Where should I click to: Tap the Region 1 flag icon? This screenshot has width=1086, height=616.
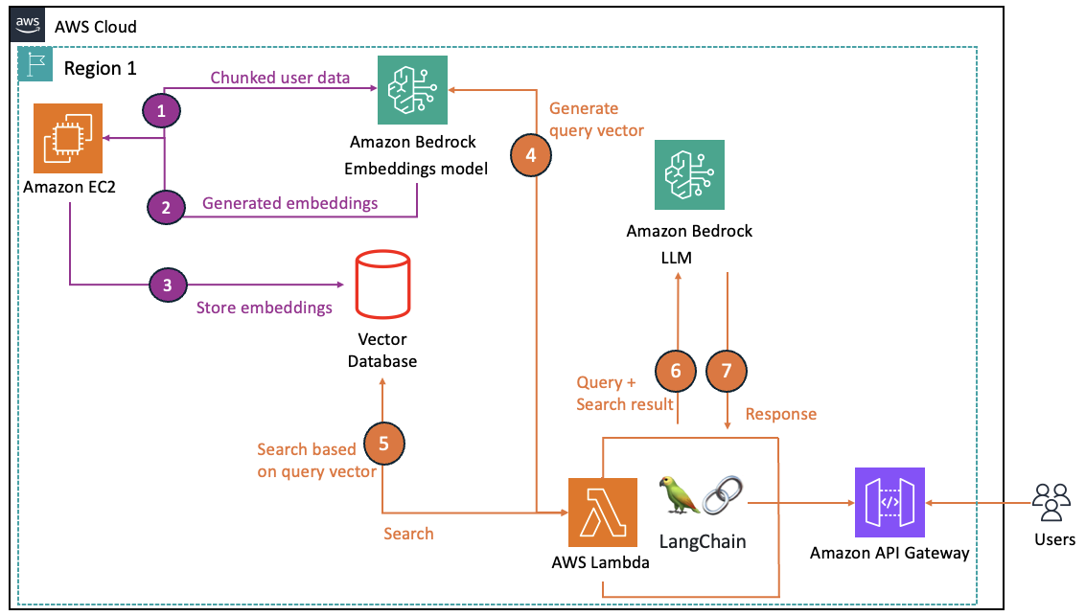[36, 65]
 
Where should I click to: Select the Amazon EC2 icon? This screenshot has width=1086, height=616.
[66, 139]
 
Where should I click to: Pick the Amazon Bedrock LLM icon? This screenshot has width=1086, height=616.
[689, 175]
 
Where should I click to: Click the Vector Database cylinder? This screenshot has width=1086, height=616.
[381, 285]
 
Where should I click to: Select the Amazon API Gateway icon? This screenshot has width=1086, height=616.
[889, 502]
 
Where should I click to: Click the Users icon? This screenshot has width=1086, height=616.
[1051, 501]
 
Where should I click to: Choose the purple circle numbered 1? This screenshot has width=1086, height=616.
[162, 112]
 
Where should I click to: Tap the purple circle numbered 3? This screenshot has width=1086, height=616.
[168, 285]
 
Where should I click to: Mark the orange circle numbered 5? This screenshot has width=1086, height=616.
[384, 443]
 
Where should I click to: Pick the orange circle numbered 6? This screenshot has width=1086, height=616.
[676, 371]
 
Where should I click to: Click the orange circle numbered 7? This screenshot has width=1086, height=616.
[727, 371]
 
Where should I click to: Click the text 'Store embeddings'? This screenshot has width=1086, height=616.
[264, 308]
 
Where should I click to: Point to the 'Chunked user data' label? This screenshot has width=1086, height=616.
[280, 78]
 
